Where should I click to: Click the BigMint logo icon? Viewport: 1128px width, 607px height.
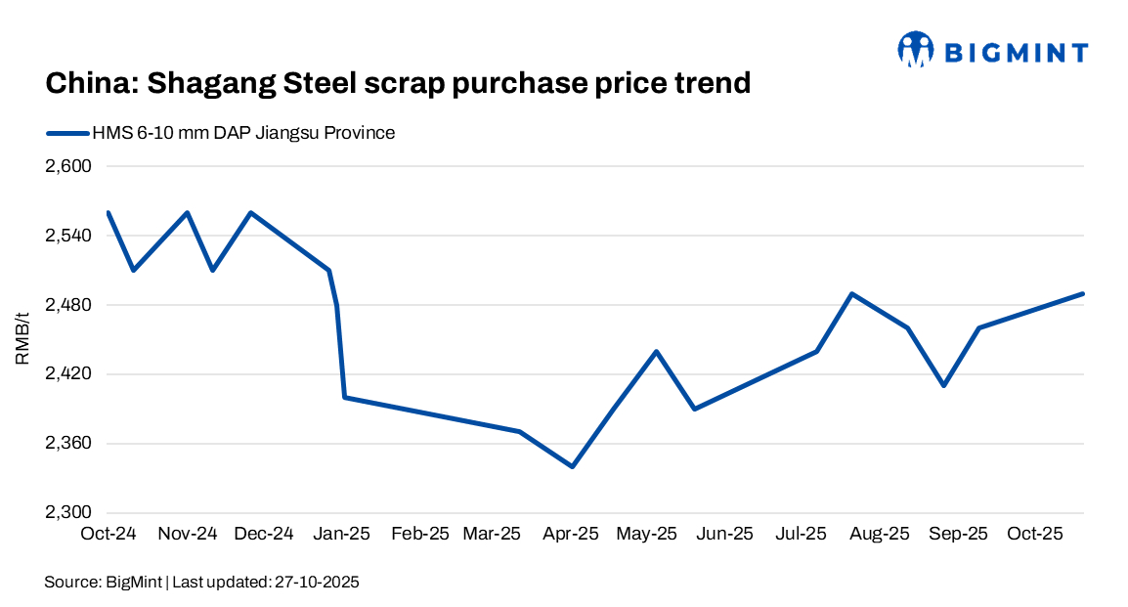916,50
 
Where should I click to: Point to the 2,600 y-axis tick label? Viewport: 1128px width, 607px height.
67,166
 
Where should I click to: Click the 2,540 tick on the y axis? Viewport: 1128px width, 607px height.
67,236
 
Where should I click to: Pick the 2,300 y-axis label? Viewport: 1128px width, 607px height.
67,513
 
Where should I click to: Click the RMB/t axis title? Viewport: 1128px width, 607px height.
23,339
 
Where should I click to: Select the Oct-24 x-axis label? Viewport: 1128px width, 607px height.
108,535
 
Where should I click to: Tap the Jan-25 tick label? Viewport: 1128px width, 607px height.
340,535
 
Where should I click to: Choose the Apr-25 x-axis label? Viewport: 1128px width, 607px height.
571,535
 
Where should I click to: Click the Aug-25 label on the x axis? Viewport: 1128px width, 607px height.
880,535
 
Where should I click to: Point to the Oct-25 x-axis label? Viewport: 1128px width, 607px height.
1034,535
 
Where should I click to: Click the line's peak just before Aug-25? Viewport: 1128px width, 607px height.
852,293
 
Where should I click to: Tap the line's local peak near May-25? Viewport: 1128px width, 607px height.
656,351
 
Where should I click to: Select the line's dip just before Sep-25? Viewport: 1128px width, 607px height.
944,385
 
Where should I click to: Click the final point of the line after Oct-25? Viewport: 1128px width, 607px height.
1083,293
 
